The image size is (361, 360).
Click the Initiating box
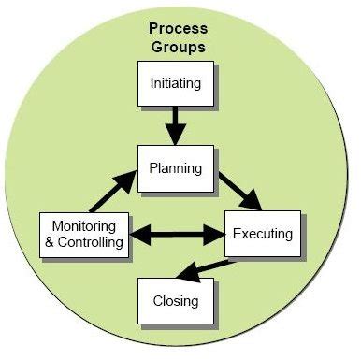(176, 83)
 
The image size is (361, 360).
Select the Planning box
(176, 168)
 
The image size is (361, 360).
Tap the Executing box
(262, 233)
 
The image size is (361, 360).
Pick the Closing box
(176, 300)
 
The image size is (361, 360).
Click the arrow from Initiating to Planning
(176, 125)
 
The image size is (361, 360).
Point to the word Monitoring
(83, 227)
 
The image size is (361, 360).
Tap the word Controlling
(91, 242)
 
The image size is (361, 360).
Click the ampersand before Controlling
(50, 242)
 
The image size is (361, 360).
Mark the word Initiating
(176, 83)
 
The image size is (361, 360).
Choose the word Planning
(176, 168)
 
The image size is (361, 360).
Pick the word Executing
(262, 233)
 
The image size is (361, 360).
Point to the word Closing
(176, 300)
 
